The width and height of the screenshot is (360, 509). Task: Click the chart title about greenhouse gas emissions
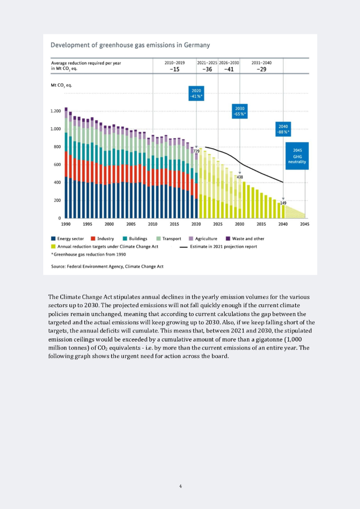[130, 46]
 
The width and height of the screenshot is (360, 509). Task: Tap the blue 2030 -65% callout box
[240, 111]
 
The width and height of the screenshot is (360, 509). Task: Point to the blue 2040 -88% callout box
[283, 129]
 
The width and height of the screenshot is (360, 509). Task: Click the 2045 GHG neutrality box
[297, 156]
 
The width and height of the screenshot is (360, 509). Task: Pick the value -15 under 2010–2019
[174, 70]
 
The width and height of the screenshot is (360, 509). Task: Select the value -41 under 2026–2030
[229, 70]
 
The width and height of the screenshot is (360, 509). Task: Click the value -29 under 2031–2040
[262, 70]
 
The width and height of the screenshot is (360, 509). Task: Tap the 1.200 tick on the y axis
[55, 111]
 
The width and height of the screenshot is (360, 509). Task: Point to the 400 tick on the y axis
[57, 182]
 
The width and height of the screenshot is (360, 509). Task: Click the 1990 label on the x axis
[66, 224]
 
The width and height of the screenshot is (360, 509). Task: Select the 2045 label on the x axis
[305, 224]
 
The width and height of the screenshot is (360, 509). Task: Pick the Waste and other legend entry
[245, 239]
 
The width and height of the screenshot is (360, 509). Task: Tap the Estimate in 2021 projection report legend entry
[222, 246]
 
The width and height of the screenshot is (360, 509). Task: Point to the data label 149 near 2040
[283, 203]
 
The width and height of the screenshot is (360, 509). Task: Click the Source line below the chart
[107, 266]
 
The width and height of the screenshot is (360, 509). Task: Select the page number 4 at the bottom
[180, 486]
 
